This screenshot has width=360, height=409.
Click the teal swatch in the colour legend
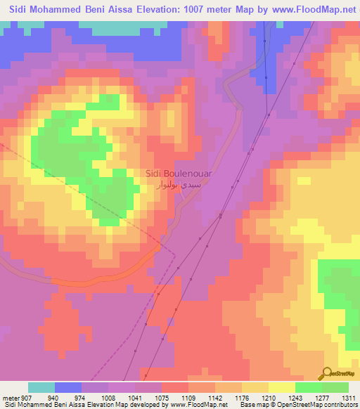41,387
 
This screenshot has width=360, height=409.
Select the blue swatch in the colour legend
68,387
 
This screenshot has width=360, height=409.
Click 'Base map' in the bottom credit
251,404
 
